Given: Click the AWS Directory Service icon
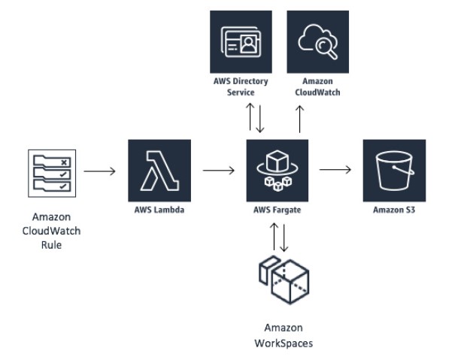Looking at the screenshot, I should pyautogui.click(x=241, y=41).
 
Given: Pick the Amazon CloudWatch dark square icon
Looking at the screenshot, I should pyautogui.click(x=318, y=41).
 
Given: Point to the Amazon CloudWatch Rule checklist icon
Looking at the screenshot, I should pyautogui.click(x=50, y=172).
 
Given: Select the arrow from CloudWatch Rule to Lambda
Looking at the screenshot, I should pyautogui.click(x=99, y=171).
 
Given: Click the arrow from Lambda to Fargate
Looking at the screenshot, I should pyautogui.click(x=219, y=171).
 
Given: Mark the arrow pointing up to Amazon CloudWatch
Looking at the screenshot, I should pyautogui.click(x=300, y=119).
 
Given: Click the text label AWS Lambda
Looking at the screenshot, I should pyautogui.click(x=159, y=210).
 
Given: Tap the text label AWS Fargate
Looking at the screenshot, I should pyautogui.click(x=278, y=210).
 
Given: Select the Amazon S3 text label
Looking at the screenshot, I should pyautogui.click(x=394, y=210).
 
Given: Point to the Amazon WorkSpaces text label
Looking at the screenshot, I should pyautogui.click(x=284, y=335).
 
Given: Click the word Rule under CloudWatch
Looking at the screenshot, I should pyautogui.click(x=50, y=244).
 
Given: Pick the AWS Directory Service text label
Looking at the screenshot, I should pyautogui.click(x=241, y=86).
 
